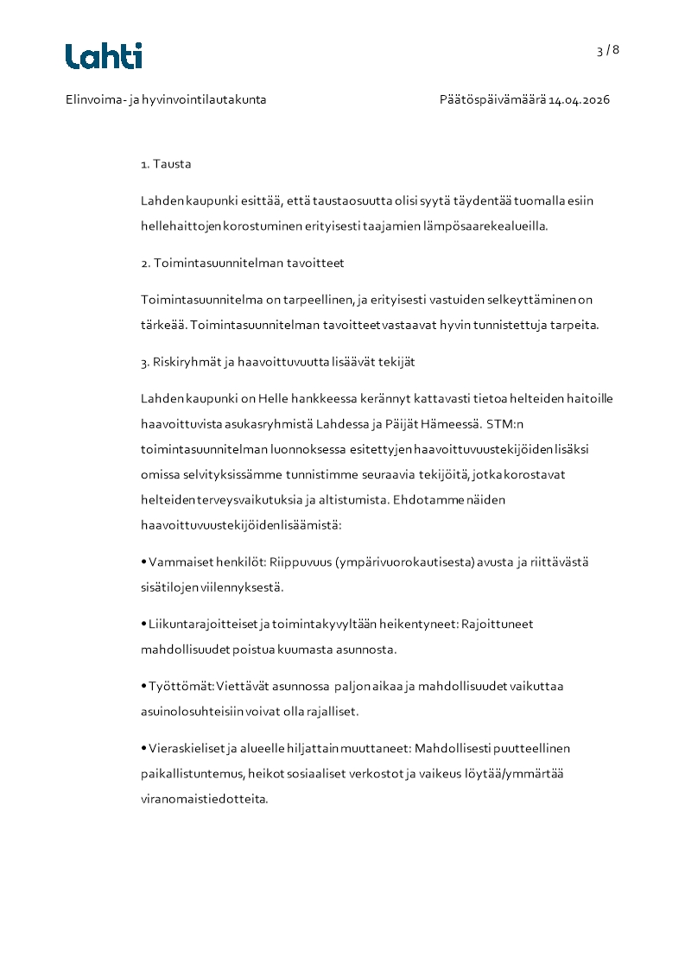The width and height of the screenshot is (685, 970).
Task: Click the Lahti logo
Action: (104, 56)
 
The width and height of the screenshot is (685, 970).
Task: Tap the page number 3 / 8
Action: (607, 50)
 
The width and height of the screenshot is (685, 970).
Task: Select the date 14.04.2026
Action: (580, 99)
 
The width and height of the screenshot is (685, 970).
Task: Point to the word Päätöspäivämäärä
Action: (492, 99)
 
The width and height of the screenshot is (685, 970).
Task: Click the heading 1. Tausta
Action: (166, 163)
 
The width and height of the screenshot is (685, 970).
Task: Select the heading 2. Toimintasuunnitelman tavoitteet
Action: (243, 263)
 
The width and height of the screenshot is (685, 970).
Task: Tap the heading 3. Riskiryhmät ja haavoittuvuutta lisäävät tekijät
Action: (271, 362)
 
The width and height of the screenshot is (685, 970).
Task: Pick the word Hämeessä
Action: (454, 424)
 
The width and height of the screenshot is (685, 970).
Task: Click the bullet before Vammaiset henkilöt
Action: (143, 562)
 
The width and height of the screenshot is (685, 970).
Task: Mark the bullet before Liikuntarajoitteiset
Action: (143, 624)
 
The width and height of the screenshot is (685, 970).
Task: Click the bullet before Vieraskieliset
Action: (143, 749)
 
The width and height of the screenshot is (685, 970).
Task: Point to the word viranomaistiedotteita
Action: (204, 799)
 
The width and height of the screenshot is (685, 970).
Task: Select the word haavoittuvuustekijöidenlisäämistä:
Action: (241, 524)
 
